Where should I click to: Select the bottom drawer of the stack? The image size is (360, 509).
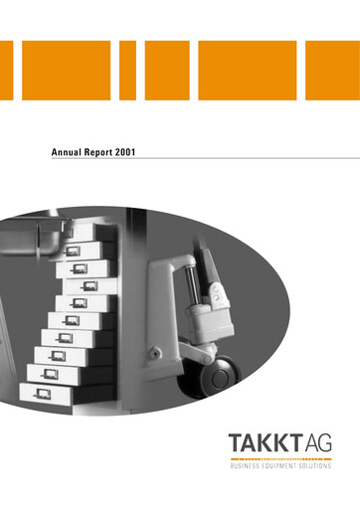click(x=50, y=392)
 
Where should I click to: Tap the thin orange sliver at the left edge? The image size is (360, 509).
click(x=4, y=71)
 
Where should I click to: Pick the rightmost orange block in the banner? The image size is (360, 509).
click(x=332, y=71)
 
